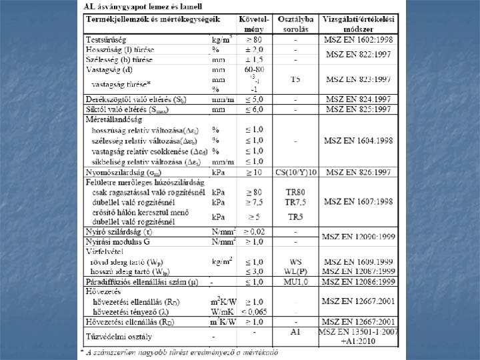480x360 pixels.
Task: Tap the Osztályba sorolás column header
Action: [x=295, y=24]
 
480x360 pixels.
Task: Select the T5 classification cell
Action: [x=295, y=79]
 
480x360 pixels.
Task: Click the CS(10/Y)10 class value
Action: [x=295, y=173]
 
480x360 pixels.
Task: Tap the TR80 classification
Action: [x=295, y=192]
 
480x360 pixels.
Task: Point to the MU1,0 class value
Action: [x=295, y=283]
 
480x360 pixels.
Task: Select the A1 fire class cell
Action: [x=295, y=331]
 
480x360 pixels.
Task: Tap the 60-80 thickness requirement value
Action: [x=254, y=69]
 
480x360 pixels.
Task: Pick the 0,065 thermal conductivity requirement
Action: [x=254, y=311]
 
